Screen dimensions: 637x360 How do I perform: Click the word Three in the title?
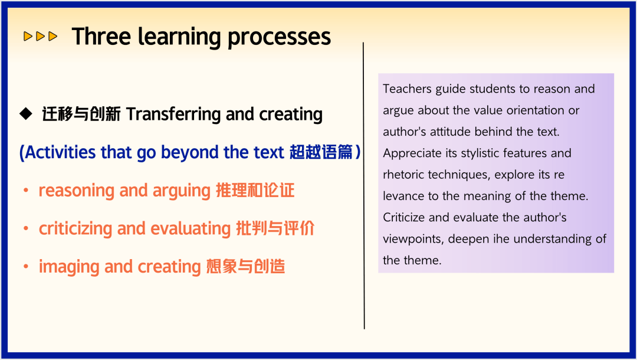point(101,37)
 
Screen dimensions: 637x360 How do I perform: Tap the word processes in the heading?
point(279,37)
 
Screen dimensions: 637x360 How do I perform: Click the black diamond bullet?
point(26,114)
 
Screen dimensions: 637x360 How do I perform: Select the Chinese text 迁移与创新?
point(81,114)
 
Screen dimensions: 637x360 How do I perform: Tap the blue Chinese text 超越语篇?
point(321,152)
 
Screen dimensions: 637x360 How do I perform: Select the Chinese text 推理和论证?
point(255,190)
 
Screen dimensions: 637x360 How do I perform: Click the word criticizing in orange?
point(75,229)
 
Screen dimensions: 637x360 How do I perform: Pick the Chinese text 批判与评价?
point(275,228)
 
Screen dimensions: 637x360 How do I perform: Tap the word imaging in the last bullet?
point(69,267)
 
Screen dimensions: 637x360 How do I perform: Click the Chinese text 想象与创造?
point(245,267)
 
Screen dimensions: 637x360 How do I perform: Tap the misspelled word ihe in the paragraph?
point(501,238)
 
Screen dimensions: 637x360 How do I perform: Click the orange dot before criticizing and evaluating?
point(25,229)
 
